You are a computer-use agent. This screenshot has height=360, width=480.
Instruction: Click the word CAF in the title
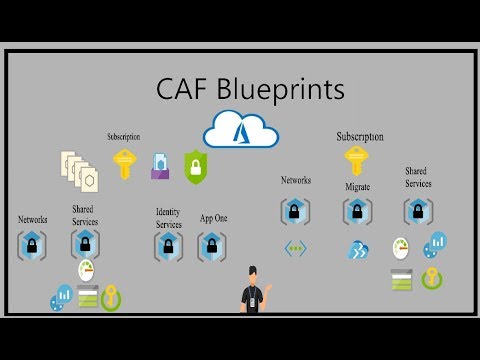coord(183,89)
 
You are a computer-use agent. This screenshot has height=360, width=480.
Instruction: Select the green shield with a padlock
coord(195,164)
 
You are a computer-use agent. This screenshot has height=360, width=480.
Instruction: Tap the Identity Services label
coord(168,217)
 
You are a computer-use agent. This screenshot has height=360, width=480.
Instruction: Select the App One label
coord(212,218)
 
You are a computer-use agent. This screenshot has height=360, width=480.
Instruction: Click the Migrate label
coord(357,187)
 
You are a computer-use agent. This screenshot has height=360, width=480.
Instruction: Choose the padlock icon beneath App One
coord(212,246)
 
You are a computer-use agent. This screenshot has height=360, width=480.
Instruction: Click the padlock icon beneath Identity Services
coord(168,246)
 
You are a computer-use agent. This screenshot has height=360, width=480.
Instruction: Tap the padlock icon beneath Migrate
coord(357,211)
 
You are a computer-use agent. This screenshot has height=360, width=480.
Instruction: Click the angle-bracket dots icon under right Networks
coord(295,248)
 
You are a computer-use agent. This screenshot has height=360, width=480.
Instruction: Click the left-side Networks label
coord(32,219)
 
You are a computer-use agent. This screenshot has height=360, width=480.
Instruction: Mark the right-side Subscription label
coord(359,136)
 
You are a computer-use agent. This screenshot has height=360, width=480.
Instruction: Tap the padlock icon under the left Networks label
coord(32,245)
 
